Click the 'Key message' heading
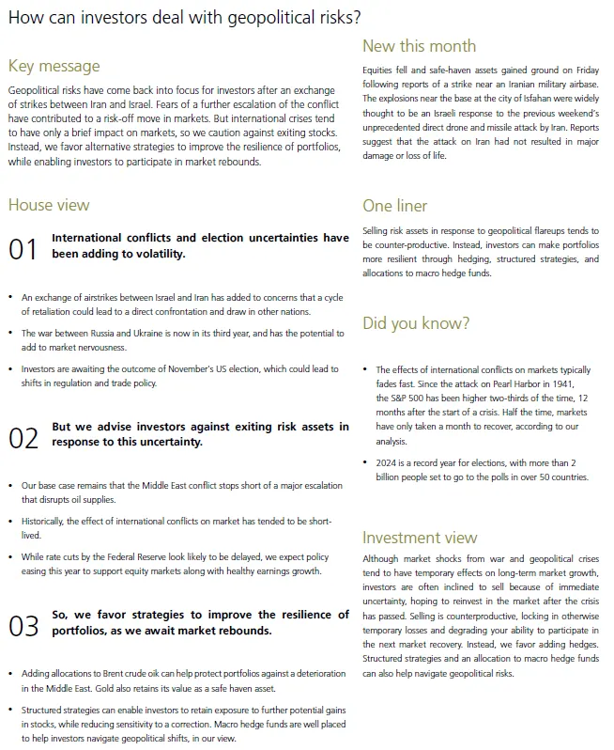click(54, 66)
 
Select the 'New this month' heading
click(419, 46)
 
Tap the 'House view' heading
click(49, 205)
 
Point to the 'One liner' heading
click(395, 206)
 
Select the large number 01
click(23, 249)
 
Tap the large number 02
click(23, 437)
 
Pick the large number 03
click(23, 625)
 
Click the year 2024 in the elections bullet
click(387, 462)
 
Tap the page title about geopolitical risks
click(183, 16)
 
